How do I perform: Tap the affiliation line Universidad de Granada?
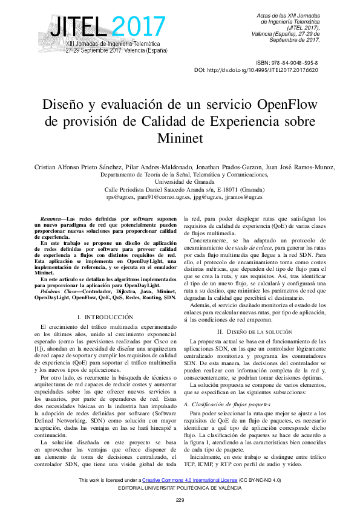pos(180,181)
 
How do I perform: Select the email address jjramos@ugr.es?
pos(243,196)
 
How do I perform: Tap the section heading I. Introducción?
pos(105,317)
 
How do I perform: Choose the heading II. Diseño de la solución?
pos(255,332)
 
